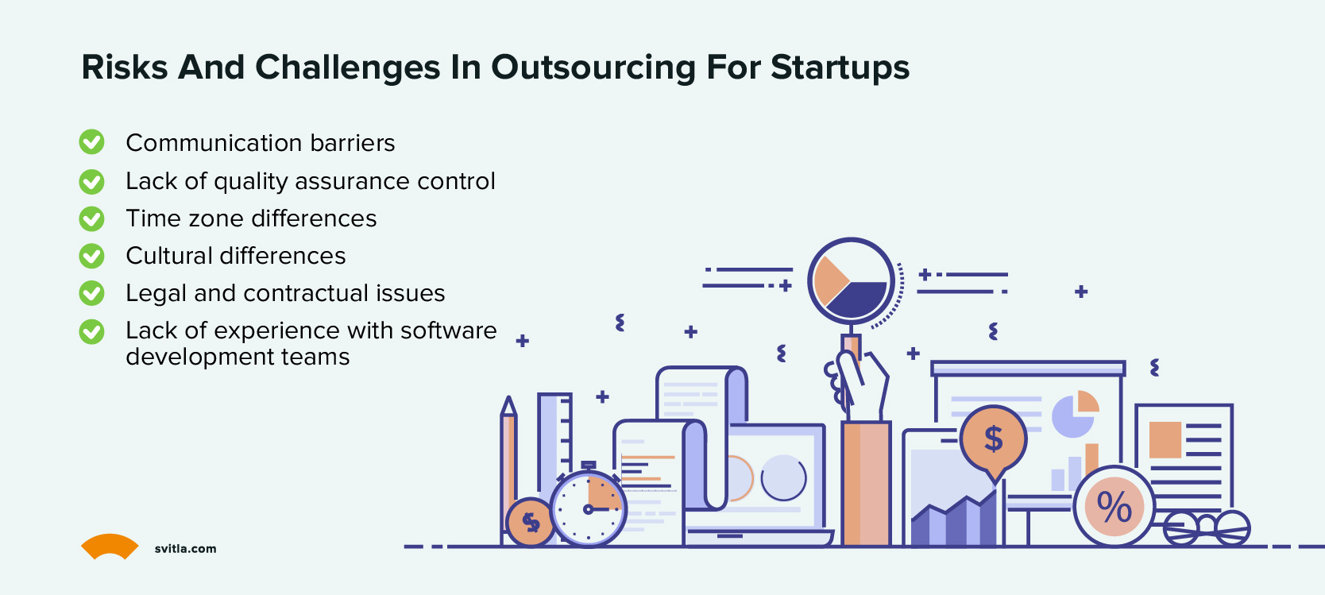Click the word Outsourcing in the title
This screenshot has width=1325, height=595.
click(x=593, y=68)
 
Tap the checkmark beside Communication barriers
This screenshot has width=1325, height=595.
click(x=91, y=142)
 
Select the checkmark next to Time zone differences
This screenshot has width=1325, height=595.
click(x=91, y=218)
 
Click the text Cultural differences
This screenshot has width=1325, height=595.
click(x=236, y=256)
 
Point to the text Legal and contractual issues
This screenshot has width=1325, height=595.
click(x=285, y=293)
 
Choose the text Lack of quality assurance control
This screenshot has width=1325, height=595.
click(x=311, y=181)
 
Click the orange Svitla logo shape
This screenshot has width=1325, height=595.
click(x=110, y=546)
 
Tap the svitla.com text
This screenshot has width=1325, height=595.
click(x=185, y=549)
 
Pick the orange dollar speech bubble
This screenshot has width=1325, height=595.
click(x=993, y=439)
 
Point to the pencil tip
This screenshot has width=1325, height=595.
click(x=508, y=404)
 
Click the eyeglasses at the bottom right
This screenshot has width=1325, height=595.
click(x=1207, y=527)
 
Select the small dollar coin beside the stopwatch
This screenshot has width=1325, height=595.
click(x=530, y=522)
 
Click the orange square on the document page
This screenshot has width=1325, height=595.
click(x=1165, y=439)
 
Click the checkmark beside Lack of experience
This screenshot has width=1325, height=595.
click(x=91, y=331)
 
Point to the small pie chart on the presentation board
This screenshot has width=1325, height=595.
click(x=1074, y=414)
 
